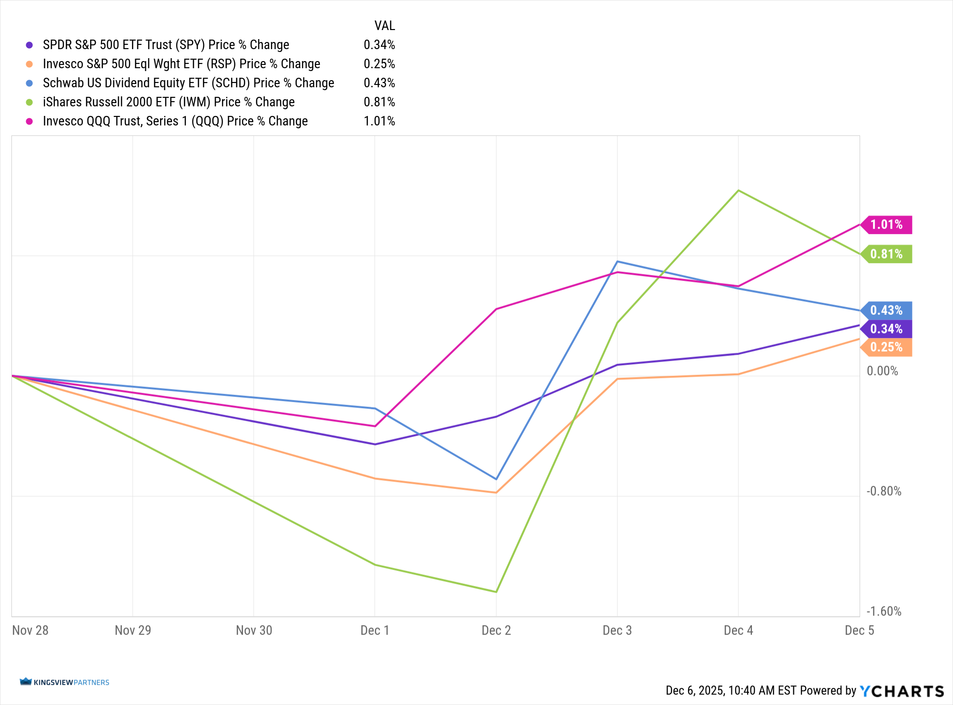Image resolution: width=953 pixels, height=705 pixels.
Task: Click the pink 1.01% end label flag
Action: click(887, 225)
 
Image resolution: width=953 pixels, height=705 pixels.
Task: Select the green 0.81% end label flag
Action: click(887, 254)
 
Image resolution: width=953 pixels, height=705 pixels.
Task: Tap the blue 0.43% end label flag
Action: click(887, 311)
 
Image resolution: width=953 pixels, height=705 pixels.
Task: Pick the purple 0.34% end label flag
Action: click(887, 329)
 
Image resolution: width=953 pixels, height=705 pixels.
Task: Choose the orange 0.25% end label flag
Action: click(887, 347)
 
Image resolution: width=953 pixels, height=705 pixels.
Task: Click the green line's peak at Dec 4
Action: click(739, 190)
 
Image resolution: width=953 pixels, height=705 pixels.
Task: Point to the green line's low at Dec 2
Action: click(496, 592)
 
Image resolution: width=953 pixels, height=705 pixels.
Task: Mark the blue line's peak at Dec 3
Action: click(618, 261)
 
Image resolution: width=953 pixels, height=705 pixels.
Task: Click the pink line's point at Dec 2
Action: click(496, 309)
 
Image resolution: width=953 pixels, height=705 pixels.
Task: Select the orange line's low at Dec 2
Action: click(496, 493)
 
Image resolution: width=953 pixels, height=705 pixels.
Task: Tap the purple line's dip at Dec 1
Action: click(375, 444)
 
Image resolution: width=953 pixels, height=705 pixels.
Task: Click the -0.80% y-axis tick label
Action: click(884, 491)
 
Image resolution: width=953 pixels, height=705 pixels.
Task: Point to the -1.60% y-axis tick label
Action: click(884, 612)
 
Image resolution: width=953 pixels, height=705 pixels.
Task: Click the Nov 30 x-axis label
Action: click(254, 631)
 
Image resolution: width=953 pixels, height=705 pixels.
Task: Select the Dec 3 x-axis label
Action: click(617, 631)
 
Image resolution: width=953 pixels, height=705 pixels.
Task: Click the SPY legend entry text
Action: click(166, 45)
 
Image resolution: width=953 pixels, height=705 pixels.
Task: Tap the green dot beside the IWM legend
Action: click(30, 102)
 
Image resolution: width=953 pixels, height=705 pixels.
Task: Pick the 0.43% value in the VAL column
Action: click(379, 83)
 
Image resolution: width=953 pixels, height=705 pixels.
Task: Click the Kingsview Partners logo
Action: click(65, 682)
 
